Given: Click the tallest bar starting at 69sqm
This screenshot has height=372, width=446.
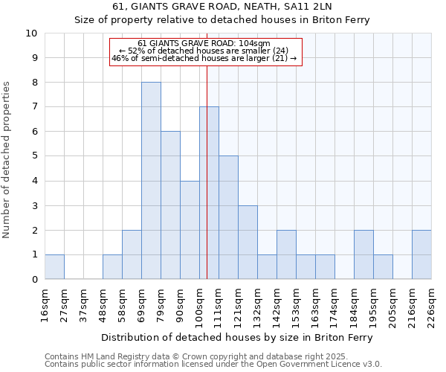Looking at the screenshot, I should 151,181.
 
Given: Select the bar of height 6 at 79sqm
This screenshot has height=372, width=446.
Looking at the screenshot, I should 170,205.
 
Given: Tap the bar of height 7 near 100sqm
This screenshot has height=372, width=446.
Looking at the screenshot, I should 209,193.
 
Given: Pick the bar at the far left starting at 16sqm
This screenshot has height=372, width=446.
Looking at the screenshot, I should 54,266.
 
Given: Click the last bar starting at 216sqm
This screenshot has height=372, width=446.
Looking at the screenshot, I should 421,254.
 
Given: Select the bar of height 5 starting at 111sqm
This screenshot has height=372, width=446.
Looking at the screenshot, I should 228,217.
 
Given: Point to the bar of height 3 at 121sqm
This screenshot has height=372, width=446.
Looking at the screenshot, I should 248,242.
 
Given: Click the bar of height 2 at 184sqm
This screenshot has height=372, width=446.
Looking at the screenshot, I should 363,254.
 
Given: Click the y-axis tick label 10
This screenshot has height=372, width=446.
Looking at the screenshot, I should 31,33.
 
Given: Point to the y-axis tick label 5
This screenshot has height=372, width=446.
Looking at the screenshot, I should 34,156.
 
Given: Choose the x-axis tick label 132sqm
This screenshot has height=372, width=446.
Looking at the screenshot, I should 257,305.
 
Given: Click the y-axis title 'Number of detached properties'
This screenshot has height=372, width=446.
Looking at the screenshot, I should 7,160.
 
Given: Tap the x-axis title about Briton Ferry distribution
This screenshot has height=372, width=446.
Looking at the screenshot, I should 237,337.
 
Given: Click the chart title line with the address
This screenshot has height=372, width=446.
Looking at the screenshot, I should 222,7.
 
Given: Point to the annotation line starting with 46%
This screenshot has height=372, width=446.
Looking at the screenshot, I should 204,58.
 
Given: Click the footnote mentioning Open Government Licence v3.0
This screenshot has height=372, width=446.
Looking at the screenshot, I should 213,365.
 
